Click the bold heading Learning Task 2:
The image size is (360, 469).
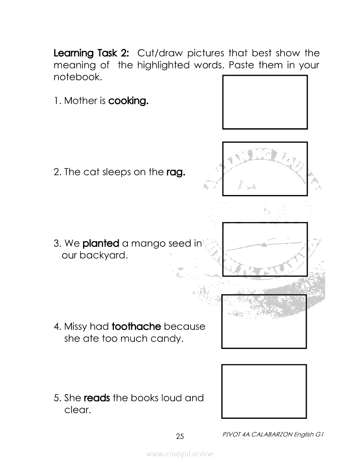91,54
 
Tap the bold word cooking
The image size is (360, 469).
129,101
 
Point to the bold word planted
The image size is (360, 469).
101,243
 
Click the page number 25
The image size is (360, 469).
180,436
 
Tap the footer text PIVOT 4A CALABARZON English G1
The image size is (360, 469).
272,435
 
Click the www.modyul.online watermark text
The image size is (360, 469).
180,454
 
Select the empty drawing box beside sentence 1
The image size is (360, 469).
265,102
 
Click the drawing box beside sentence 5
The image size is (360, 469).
264,391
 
